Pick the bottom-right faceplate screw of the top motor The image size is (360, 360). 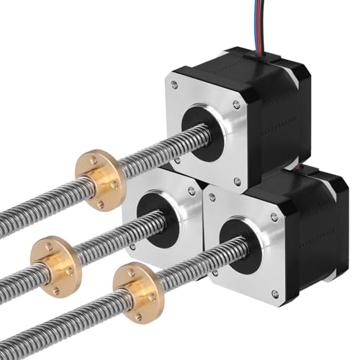tap(237, 181)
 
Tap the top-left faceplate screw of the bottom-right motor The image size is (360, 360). tap(211, 197)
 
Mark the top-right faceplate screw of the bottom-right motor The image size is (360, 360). tap(274, 216)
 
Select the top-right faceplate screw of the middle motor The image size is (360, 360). tap(192, 192)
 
